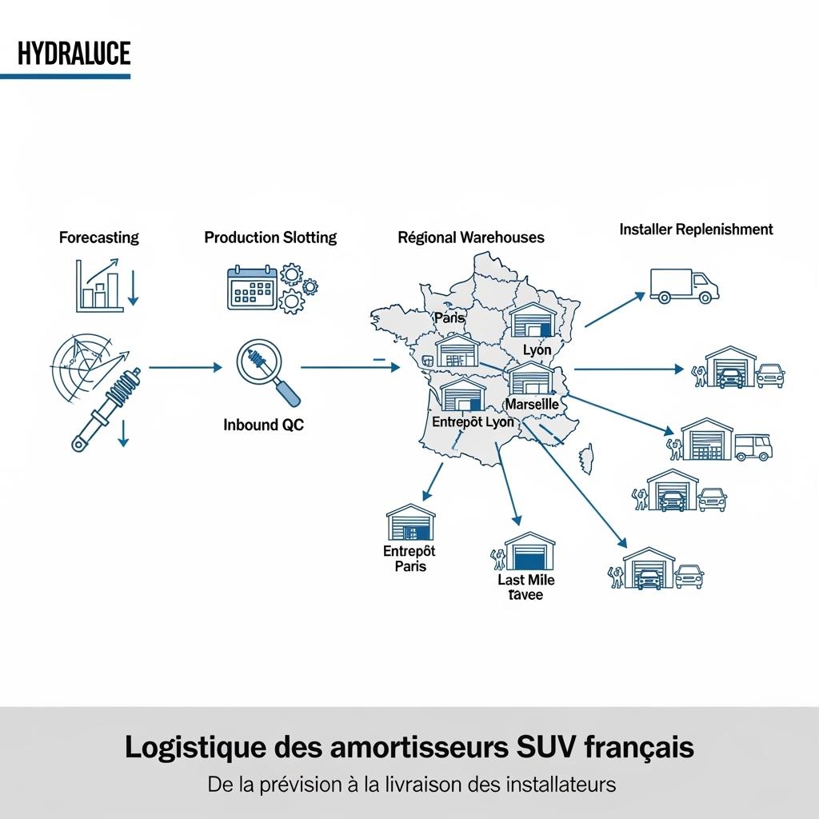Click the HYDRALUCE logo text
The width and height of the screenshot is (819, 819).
pyautogui.click(x=74, y=54)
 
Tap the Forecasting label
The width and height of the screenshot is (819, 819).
pyautogui.click(x=98, y=238)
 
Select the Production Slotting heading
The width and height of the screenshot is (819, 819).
pyautogui.click(x=270, y=238)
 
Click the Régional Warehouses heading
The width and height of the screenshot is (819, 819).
pyautogui.click(x=470, y=238)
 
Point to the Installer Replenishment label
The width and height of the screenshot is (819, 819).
pyautogui.click(x=696, y=230)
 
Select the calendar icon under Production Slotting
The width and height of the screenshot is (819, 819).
pyautogui.click(x=252, y=289)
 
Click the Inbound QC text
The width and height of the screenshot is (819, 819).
pyautogui.click(x=263, y=425)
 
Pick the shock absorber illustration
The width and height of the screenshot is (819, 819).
pyautogui.click(x=108, y=406)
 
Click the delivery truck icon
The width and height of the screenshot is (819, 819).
pyautogui.click(x=684, y=286)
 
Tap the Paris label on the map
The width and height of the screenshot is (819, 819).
pyautogui.click(x=449, y=318)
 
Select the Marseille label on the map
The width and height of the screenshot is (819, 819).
pyautogui.click(x=532, y=405)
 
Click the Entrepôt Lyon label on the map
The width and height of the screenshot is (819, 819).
pyautogui.click(x=473, y=421)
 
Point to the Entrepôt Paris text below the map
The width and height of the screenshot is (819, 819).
pyautogui.click(x=409, y=558)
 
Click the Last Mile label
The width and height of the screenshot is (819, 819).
pyautogui.click(x=525, y=580)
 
